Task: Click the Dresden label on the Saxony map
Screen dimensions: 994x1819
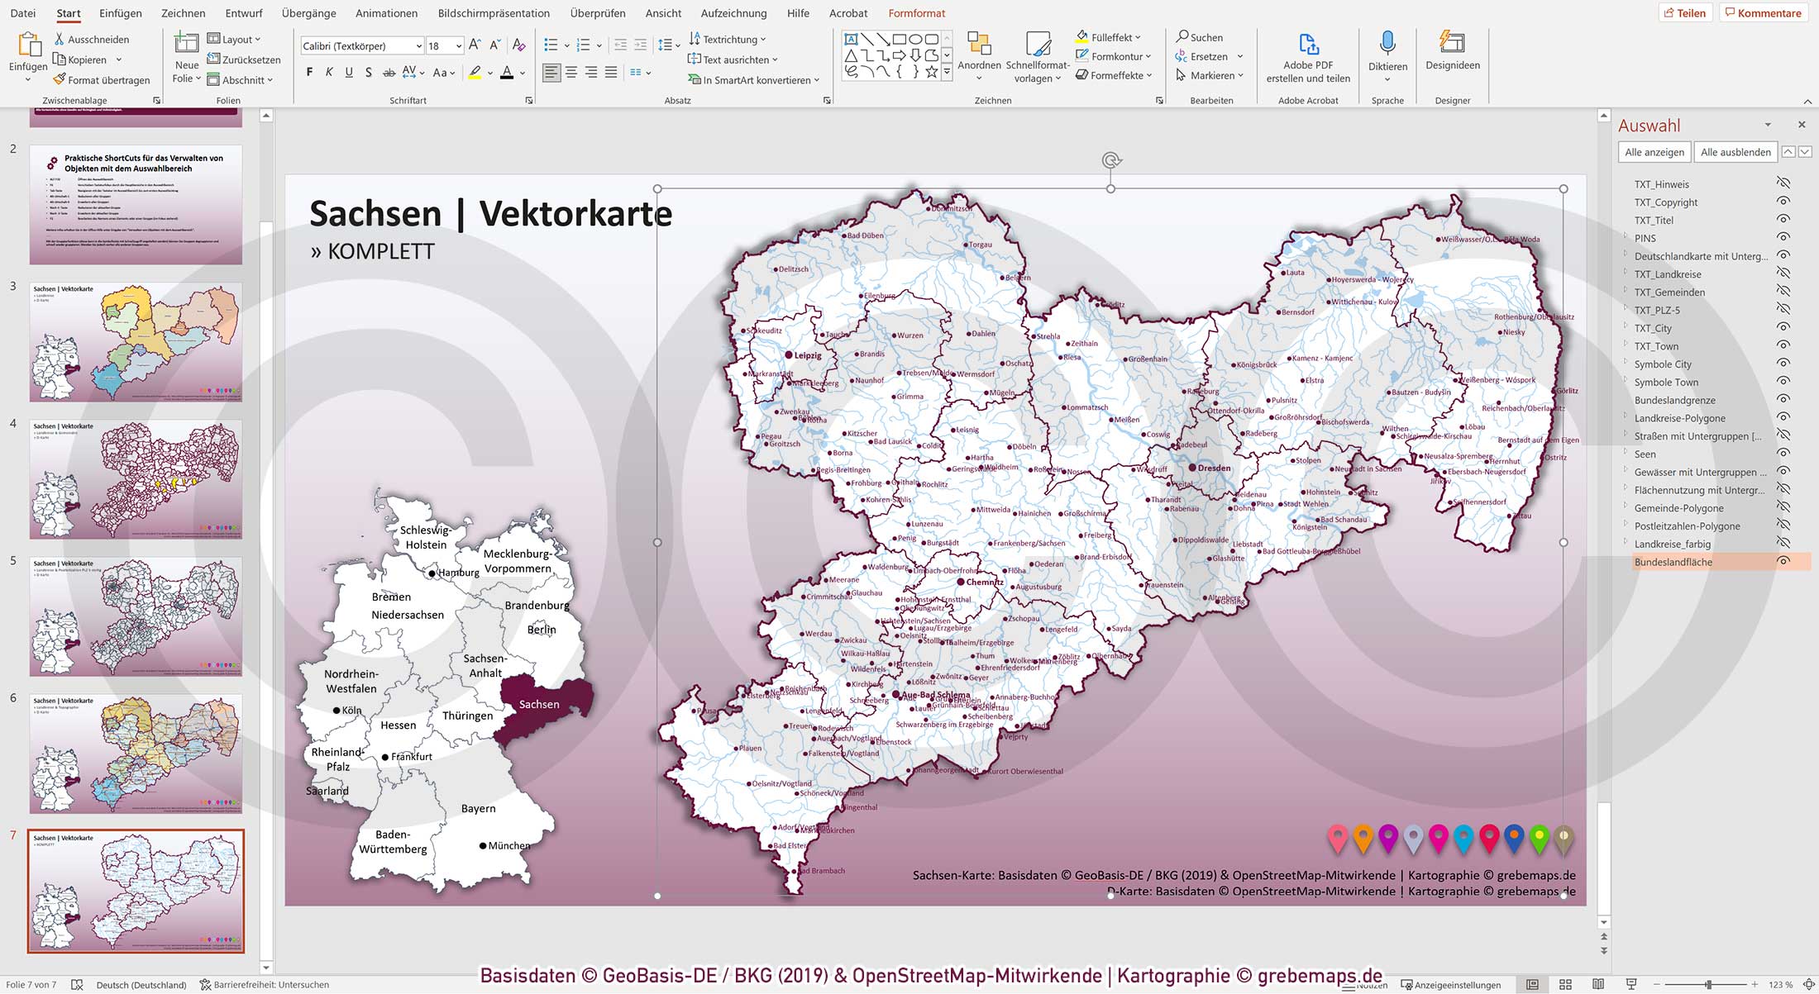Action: click(x=1214, y=468)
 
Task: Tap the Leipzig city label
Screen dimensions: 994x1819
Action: click(x=808, y=356)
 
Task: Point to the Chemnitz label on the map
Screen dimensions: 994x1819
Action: click(x=984, y=583)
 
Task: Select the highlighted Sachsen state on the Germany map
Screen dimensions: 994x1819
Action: click(x=539, y=704)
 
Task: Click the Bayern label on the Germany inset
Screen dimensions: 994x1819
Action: click(x=479, y=809)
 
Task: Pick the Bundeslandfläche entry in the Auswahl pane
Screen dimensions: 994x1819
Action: click(x=1673, y=563)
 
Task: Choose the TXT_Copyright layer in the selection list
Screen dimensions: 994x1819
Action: click(x=1665, y=202)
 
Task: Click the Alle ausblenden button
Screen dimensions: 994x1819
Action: click(x=1735, y=152)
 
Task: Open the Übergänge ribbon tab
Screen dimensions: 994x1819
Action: click(x=308, y=13)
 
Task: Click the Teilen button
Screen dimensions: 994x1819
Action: click(x=1684, y=13)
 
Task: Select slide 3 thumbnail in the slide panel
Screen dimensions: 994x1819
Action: click(x=136, y=341)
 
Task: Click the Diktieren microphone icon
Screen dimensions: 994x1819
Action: click(x=1387, y=43)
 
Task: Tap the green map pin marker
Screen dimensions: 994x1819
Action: click(x=1539, y=838)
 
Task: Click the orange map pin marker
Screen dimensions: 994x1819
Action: click(x=1363, y=838)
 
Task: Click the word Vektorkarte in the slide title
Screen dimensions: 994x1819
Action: click(x=575, y=214)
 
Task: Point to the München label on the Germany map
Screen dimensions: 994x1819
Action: click(x=508, y=846)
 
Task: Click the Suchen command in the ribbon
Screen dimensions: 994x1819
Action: click(x=1200, y=37)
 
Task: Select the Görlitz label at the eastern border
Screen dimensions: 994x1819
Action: click(x=1567, y=391)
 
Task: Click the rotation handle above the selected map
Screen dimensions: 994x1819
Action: click(x=1110, y=160)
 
